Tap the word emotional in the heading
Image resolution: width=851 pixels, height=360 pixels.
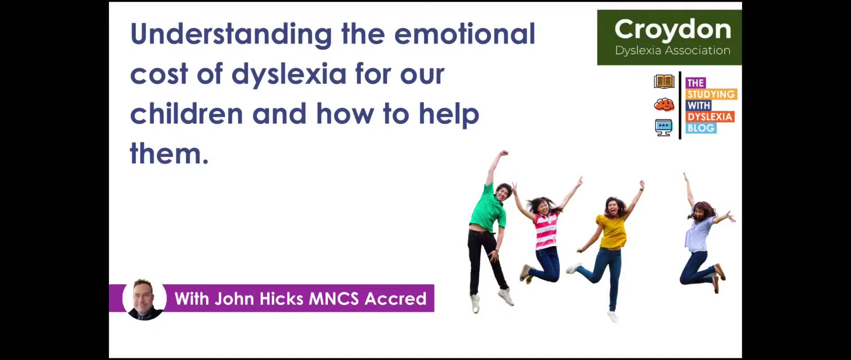[465, 34]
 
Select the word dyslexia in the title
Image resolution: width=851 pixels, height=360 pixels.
[289, 74]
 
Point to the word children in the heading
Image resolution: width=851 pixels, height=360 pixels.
[186, 114]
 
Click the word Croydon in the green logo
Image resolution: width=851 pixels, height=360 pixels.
[672, 30]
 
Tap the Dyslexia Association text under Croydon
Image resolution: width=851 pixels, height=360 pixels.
[672, 51]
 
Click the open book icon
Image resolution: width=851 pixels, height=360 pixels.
[664, 82]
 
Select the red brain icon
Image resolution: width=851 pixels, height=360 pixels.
[664, 105]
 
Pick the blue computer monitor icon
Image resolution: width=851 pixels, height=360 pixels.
[664, 128]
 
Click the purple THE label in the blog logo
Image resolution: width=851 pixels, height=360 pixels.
[695, 83]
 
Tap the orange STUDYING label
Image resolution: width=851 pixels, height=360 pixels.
[711, 94]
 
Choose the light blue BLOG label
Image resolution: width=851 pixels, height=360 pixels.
[701, 128]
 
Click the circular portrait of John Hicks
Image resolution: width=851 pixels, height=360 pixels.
[144, 299]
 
